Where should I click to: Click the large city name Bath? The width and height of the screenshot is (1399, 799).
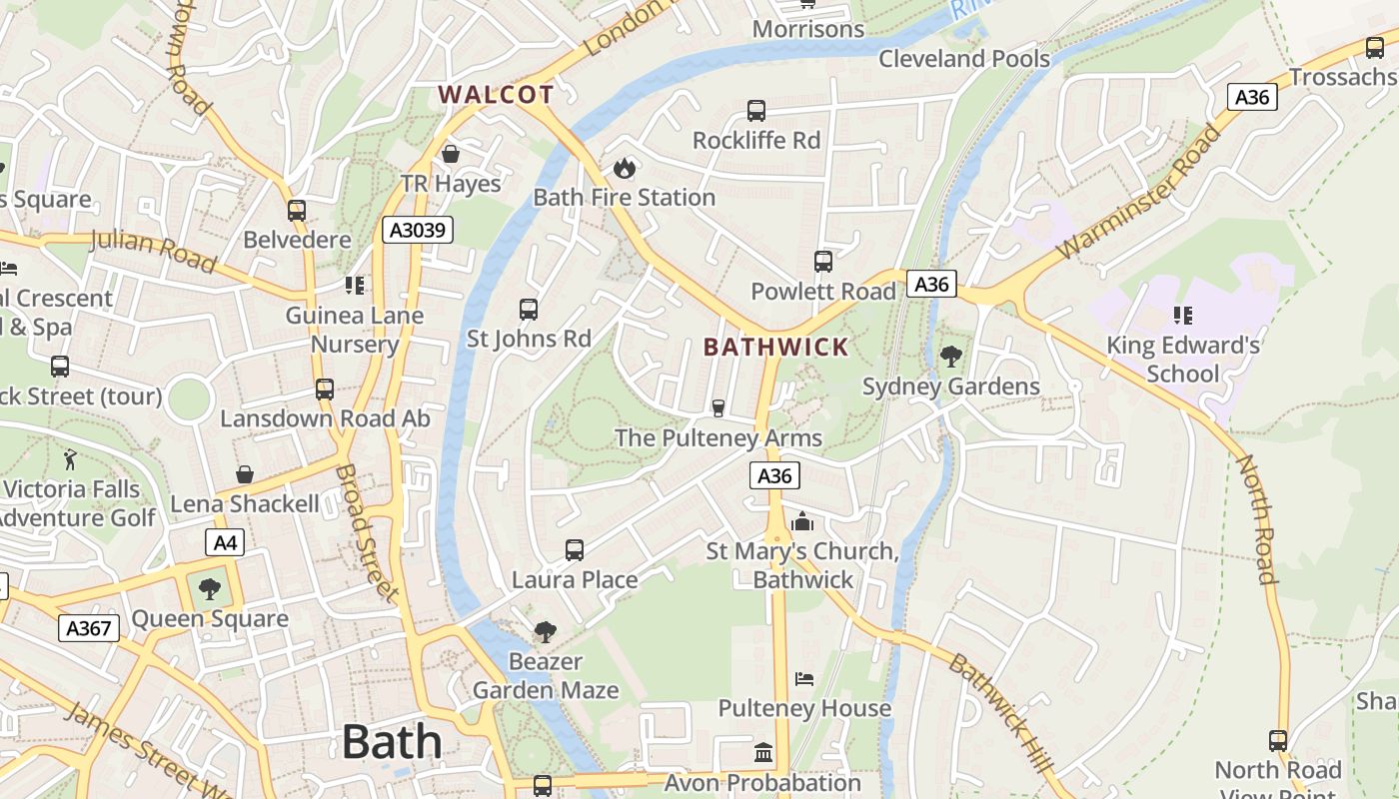click(x=392, y=742)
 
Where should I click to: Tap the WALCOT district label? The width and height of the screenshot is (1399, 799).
click(x=496, y=95)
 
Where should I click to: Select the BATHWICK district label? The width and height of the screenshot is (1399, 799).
click(x=775, y=348)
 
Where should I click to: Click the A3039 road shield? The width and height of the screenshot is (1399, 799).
click(x=418, y=231)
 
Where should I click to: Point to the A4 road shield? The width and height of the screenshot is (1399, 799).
click(x=225, y=543)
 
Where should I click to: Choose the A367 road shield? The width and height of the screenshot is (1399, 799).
click(x=89, y=628)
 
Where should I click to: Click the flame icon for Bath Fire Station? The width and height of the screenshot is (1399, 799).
click(x=625, y=168)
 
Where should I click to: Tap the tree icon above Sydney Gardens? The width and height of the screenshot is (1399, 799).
click(x=951, y=356)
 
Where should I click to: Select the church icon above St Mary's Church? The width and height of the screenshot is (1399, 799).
click(x=801, y=521)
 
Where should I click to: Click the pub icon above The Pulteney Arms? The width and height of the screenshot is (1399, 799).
click(x=717, y=407)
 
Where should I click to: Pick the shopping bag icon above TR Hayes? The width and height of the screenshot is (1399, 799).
click(x=451, y=154)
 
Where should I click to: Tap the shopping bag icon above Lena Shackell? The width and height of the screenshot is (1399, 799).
click(x=245, y=474)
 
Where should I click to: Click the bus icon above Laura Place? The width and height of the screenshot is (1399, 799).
click(x=575, y=549)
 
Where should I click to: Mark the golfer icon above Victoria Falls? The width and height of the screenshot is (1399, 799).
click(x=70, y=460)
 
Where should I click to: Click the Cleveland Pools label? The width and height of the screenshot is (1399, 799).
click(x=963, y=59)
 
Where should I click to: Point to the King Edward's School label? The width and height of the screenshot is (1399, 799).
click(x=1183, y=360)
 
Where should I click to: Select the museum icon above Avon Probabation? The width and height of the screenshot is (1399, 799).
click(x=763, y=752)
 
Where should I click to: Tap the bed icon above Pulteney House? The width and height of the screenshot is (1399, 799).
click(x=804, y=679)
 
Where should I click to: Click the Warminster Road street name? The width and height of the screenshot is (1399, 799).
click(x=1139, y=193)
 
